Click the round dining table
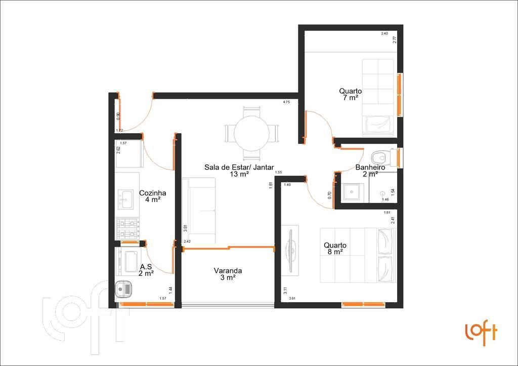[x=251, y=133]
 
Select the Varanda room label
[x=228, y=274]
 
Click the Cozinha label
[x=152, y=196]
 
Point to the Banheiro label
[x=370, y=170]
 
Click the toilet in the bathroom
[x=380, y=157]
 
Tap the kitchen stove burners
[x=127, y=228]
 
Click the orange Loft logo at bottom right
[x=481, y=333]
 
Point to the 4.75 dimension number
[x=286, y=103]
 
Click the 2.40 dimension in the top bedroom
[x=384, y=34]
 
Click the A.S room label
[x=146, y=270]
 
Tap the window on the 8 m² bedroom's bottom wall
[x=363, y=304]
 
